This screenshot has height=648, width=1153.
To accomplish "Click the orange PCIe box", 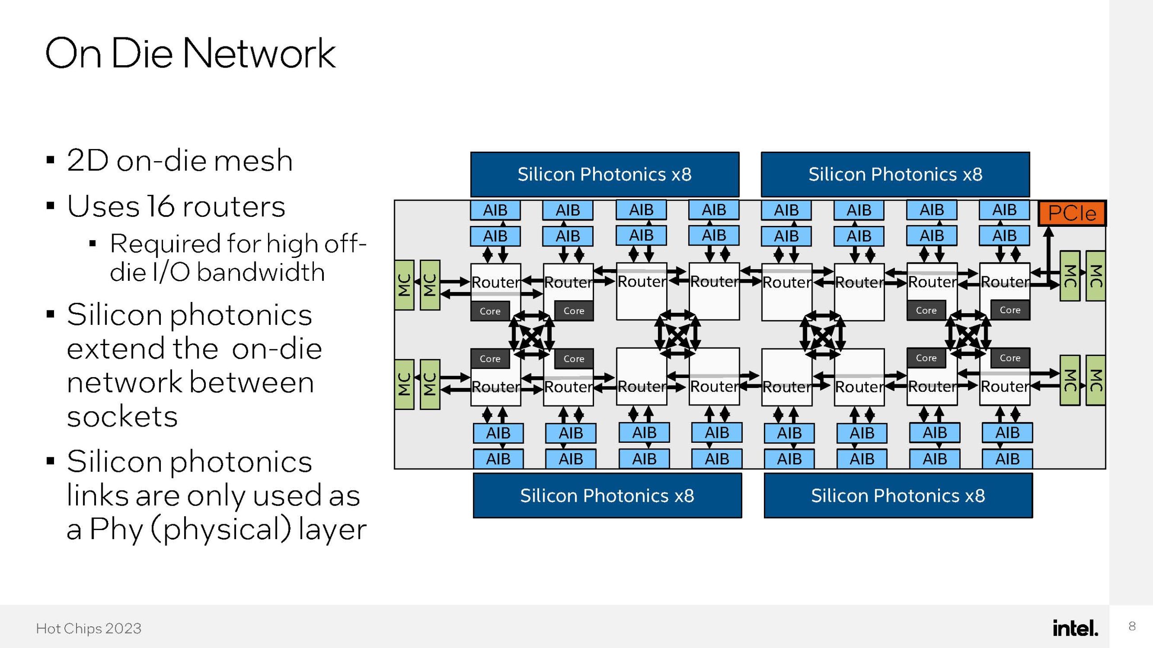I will [1071, 213].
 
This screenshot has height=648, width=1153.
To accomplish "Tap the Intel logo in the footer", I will [1075, 628].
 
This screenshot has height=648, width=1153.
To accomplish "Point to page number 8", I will [1132, 626].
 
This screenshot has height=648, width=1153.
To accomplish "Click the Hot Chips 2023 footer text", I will [89, 628].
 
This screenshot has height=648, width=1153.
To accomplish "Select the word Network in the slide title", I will [259, 54].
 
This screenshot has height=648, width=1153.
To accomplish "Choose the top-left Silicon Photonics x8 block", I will [604, 174].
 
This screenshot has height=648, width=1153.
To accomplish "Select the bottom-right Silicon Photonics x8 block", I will [898, 495].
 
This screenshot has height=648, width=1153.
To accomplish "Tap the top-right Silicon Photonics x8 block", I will [895, 174].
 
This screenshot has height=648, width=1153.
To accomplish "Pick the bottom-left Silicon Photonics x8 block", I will [607, 495].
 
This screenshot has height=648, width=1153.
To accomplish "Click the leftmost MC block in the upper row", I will [404, 285].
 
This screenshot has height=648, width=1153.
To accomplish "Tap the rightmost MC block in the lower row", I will [1095, 380].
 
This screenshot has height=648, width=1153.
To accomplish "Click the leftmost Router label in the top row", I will [495, 283].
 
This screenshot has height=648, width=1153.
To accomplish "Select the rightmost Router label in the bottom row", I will [1005, 386].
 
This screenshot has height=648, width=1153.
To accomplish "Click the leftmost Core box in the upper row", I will [490, 311].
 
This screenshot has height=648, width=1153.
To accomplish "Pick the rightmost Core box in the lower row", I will [1010, 358].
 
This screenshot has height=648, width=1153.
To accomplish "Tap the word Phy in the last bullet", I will [116, 529].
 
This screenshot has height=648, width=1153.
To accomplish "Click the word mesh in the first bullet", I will [253, 161].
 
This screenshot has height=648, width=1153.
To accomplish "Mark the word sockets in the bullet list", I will [122, 416].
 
